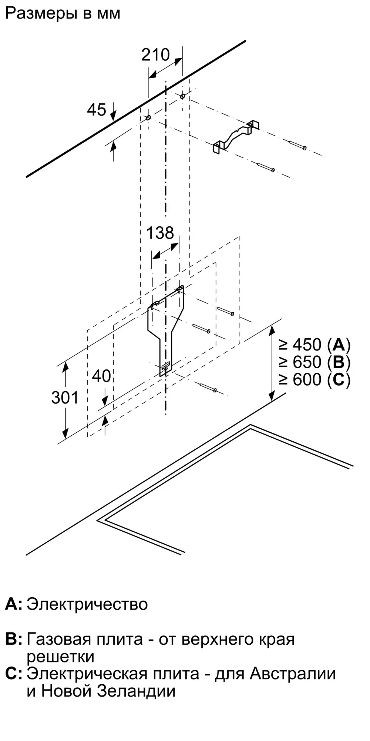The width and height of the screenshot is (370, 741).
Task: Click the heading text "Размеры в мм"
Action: tap(63, 14)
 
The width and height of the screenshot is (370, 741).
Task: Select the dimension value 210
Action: tap(155, 55)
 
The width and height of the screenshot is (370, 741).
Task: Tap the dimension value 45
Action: tap(97, 110)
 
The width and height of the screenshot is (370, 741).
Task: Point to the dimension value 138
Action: tap(160, 233)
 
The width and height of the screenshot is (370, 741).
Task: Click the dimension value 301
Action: tap(65, 398)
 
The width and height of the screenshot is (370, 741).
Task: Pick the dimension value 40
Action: tap(101, 376)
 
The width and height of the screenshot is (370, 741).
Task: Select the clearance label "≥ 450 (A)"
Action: tap(315, 345)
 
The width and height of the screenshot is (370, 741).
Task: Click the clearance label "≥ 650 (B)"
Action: tap(315, 362)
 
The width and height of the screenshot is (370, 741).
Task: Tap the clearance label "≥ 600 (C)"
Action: tap(315, 379)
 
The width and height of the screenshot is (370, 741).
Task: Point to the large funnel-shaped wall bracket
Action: tap(165, 326)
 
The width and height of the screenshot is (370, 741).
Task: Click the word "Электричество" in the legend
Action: tap(87, 604)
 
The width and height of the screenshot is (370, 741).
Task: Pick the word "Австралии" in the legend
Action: tap(293, 674)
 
